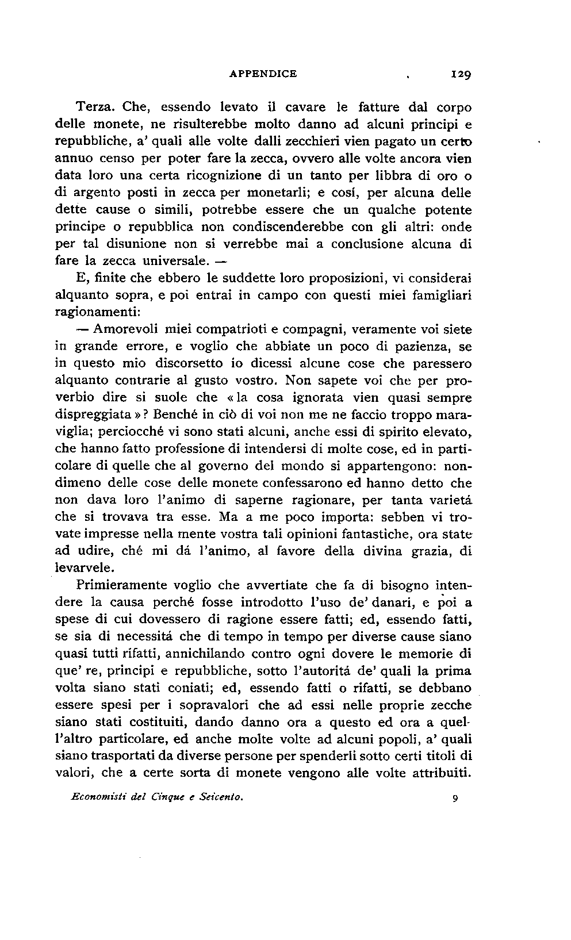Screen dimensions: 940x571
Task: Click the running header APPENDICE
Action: click(263, 74)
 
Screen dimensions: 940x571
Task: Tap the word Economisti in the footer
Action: click(99, 797)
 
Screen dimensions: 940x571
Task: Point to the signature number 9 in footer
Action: click(454, 798)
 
